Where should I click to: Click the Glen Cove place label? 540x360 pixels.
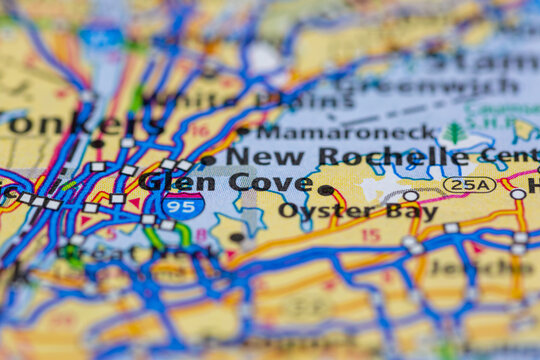pos(226,182)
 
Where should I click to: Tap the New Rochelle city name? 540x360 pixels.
pos(346,156)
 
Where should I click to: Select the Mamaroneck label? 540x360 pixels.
pos(346,131)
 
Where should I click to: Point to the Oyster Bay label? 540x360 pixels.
pos(357,211)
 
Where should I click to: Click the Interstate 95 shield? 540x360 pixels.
pos(184,205)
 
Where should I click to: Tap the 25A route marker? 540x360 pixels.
pos(469,185)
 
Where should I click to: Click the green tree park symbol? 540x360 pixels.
pos(455,131)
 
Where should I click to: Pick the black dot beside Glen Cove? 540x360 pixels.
pos(325,190)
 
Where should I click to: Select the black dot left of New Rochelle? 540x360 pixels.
pos(208,159)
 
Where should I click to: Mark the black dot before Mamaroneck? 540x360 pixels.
pos(242,131)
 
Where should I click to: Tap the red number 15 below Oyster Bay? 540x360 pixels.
pos(370,236)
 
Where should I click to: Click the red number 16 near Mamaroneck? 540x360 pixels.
pos(199,131)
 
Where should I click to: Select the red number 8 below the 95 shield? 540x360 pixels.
pos(201,236)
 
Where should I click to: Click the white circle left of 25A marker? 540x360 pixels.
pos(410,196)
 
